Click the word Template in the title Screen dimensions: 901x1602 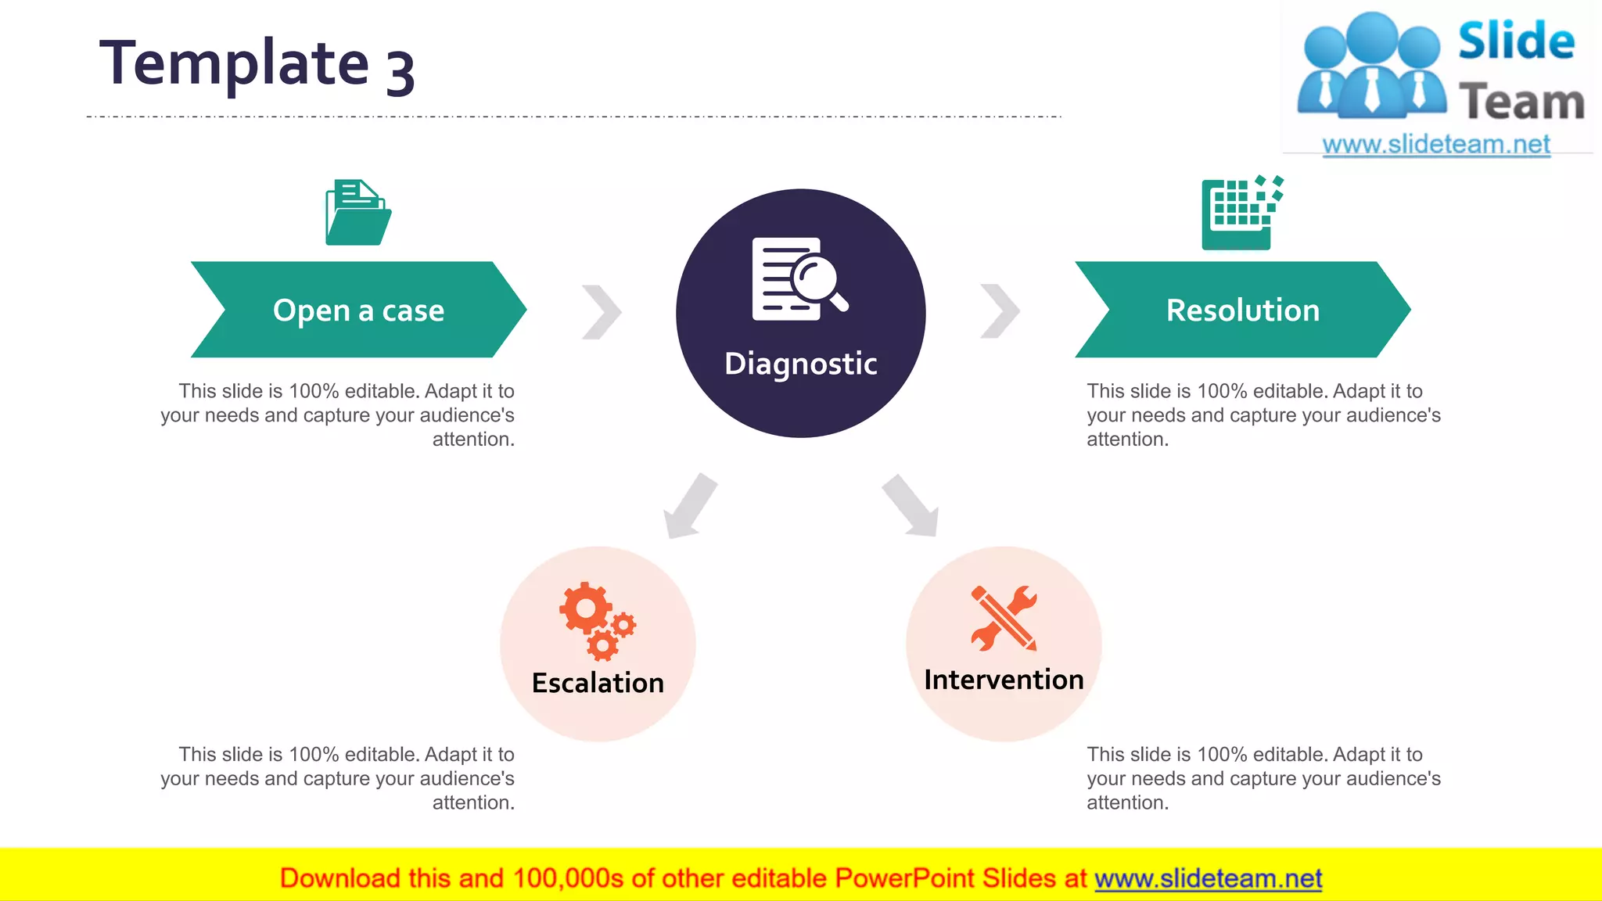233,64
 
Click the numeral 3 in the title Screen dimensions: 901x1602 400,72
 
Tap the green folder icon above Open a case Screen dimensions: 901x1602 358,213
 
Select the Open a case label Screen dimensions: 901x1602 358,311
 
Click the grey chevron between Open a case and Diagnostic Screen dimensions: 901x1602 602,311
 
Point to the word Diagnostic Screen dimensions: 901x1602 800,364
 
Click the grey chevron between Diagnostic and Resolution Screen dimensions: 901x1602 1000,311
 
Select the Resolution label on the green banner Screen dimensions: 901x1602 1242,311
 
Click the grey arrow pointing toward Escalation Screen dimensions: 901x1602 689,507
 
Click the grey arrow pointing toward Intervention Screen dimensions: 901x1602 911,506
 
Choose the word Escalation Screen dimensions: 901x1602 598,683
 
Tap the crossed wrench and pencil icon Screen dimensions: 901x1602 1004,618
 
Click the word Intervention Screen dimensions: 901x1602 1004,680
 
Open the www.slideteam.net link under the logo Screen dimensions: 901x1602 1435,145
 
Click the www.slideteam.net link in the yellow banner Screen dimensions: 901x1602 1208,878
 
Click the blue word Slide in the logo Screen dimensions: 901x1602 1515,41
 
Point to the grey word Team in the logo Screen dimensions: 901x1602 1521,102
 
